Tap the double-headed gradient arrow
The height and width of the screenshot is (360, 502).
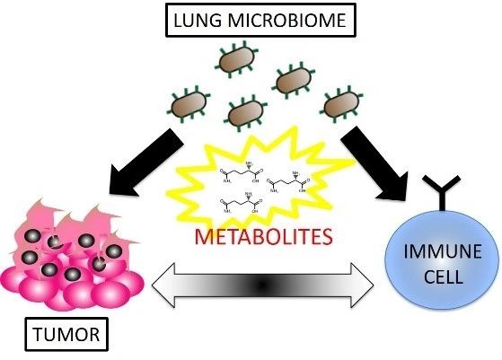[262, 286]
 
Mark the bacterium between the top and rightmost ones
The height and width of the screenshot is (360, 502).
[294, 81]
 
